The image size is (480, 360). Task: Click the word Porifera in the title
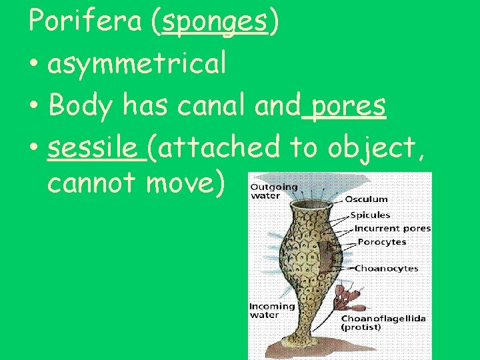(x=85, y=23)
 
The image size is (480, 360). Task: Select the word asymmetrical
(x=137, y=64)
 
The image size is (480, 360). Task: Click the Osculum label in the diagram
(x=365, y=199)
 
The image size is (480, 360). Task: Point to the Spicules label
(x=370, y=215)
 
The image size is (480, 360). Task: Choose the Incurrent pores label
(x=392, y=229)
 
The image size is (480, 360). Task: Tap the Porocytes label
(x=381, y=241)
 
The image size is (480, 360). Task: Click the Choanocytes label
(x=386, y=269)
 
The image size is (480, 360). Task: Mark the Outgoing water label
(x=274, y=191)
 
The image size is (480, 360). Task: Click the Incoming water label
(x=272, y=311)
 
